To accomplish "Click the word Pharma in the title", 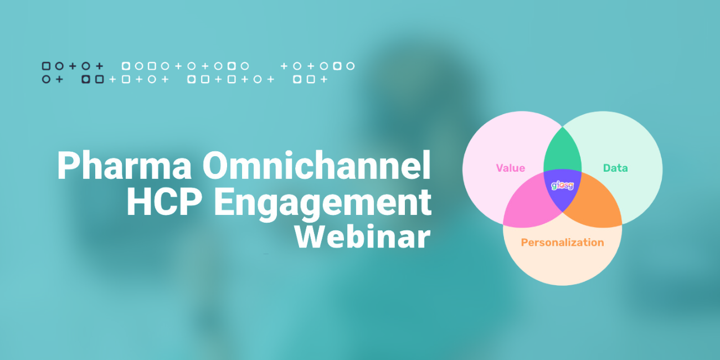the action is click(124, 165).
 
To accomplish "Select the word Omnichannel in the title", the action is click(316, 164).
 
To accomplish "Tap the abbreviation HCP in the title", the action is click(164, 202).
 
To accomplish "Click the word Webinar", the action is click(363, 236).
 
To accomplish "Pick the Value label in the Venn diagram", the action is click(511, 168).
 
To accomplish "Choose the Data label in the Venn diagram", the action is click(615, 168).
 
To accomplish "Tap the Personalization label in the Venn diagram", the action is click(562, 243).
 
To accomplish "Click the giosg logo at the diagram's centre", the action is click(563, 186).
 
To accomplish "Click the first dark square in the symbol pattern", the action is click(47, 66).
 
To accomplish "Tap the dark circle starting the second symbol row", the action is click(47, 79).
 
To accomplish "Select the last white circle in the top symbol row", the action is click(351, 66).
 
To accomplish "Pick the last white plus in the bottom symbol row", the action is click(324, 79).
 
